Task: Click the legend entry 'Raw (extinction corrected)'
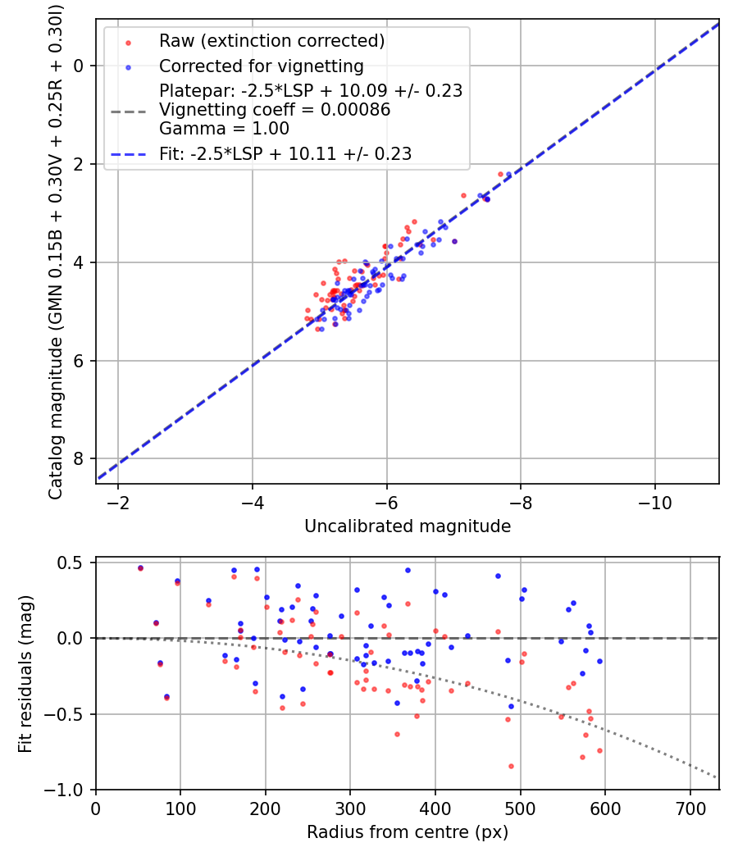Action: [x=271, y=41]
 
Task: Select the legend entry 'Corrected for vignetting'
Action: [x=261, y=66]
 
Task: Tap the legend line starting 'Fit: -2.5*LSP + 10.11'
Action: [x=285, y=153]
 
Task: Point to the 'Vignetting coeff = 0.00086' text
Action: [x=275, y=110]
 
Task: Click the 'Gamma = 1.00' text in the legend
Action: [x=225, y=129]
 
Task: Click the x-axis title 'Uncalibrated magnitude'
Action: [x=408, y=526]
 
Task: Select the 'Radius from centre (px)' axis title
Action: [x=408, y=832]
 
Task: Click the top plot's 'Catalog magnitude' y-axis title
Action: [x=56, y=250]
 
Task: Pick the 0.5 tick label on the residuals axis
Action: [x=74, y=563]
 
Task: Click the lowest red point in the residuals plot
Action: [x=511, y=766]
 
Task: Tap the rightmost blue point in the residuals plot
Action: [x=599, y=661]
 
